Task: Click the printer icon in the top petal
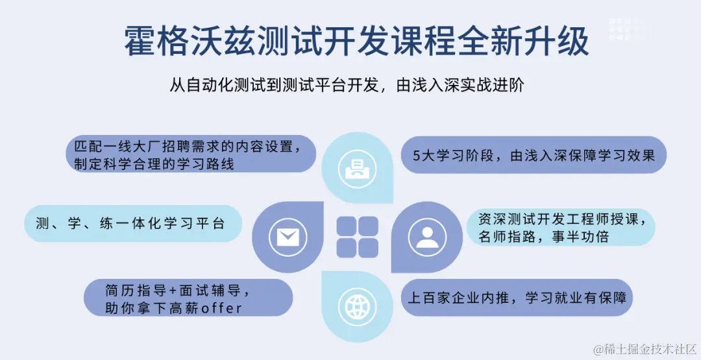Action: [x=358, y=167]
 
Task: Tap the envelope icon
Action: [x=287, y=237]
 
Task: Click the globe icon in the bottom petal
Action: [x=357, y=305]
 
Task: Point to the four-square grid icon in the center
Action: [x=357, y=236]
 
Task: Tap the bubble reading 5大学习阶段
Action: [x=534, y=155]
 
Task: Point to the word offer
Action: [x=221, y=307]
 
